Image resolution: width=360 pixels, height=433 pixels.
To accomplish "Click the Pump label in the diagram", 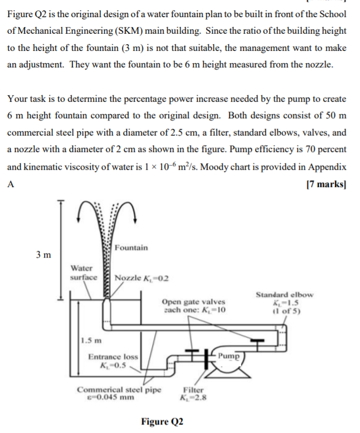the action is click(x=229, y=355).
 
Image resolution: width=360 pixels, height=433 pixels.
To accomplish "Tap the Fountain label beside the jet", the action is click(x=131, y=247).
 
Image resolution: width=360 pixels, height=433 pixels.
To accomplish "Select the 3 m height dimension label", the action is click(x=44, y=254).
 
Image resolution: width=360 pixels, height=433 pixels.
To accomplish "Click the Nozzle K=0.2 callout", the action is click(x=142, y=278).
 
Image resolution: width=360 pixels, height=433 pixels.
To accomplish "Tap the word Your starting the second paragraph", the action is click(x=18, y=99).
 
